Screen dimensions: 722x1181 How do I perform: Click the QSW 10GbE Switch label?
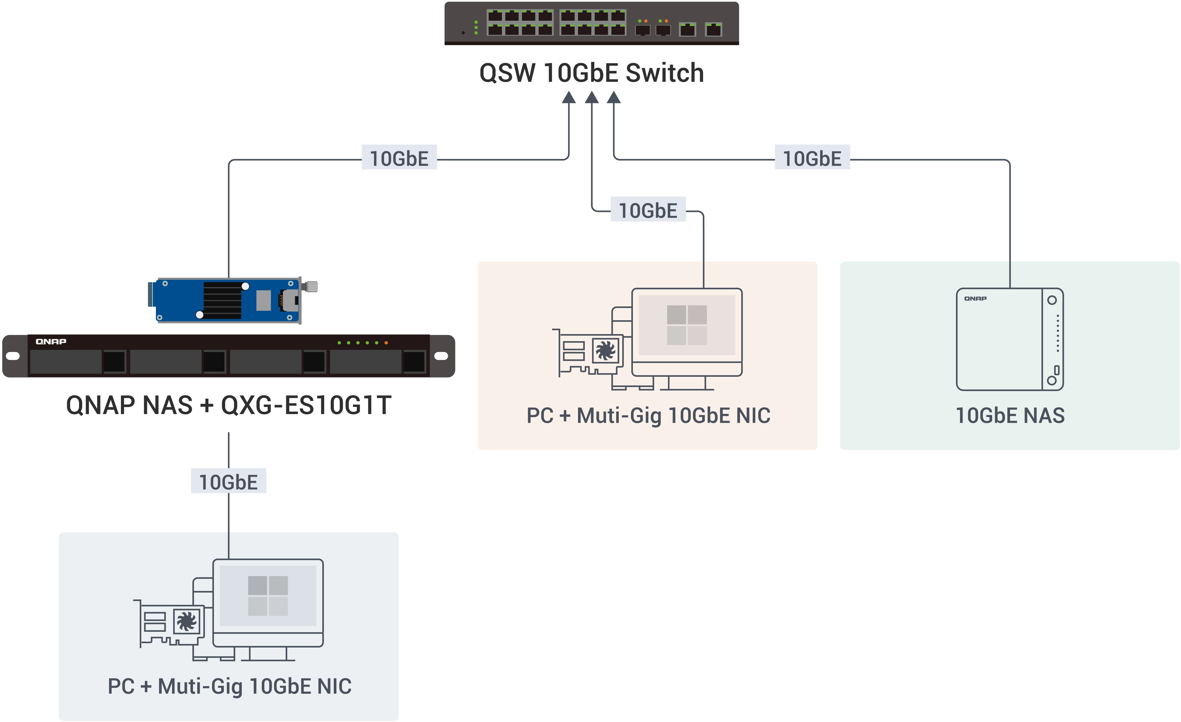tap(592, 73)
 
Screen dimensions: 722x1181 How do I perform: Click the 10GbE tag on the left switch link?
tap(399, 158)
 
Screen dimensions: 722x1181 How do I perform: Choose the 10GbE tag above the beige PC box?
tap(648, 210)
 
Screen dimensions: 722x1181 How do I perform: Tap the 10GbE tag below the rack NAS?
tap(229, 481)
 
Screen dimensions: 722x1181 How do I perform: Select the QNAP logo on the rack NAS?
tap(51, 341)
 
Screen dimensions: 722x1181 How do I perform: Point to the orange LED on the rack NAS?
tap(386, 343)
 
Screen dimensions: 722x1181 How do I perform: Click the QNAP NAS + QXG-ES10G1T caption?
tap(229, 405)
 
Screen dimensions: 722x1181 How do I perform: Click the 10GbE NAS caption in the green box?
tap(1010, 415)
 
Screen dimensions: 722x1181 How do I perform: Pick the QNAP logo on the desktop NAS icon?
tap(975, 298)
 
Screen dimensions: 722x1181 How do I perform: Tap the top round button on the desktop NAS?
tap(1052, 300)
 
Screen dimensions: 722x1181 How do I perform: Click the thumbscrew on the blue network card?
tap(311, 287)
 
